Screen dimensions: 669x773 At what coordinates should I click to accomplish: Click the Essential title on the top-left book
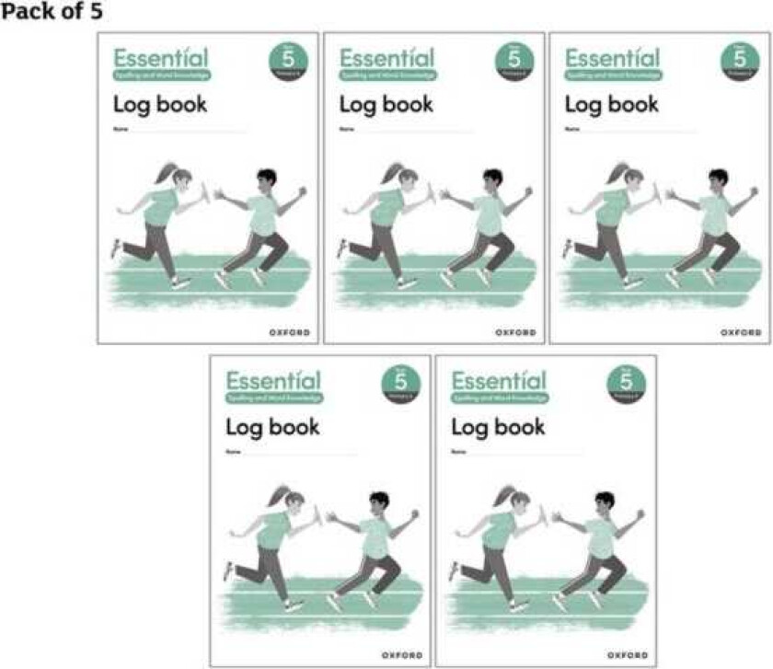(159, 57)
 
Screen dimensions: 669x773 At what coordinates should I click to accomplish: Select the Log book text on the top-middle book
(386, 104)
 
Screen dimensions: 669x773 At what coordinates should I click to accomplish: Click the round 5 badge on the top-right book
(741, 61)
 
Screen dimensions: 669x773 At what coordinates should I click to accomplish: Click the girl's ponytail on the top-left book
(162, 172)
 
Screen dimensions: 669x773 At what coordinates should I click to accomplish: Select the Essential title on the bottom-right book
(499, 380)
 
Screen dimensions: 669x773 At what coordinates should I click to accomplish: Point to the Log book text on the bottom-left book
(272, 427)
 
